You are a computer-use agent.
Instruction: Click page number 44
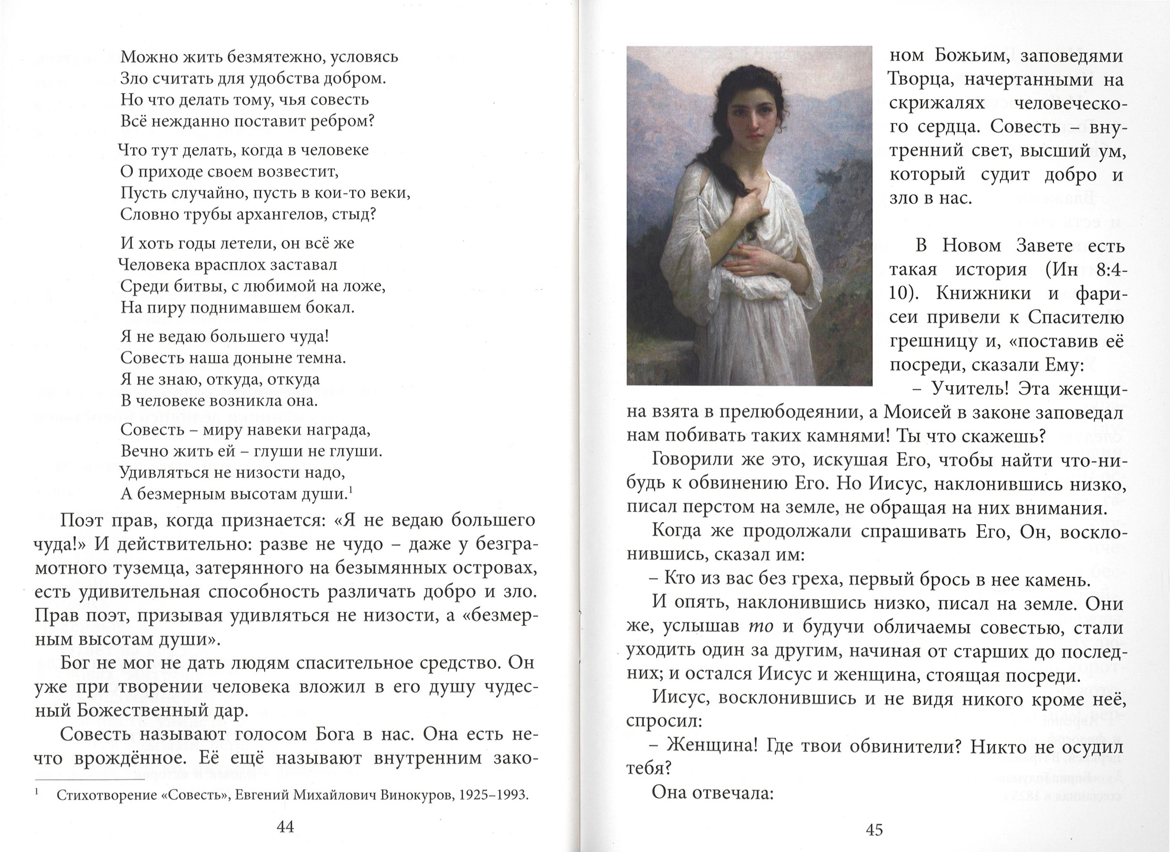(x=286, y=826)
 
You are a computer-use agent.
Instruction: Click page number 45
(x=874, y=829)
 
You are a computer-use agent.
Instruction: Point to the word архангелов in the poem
(x=285, y=214)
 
